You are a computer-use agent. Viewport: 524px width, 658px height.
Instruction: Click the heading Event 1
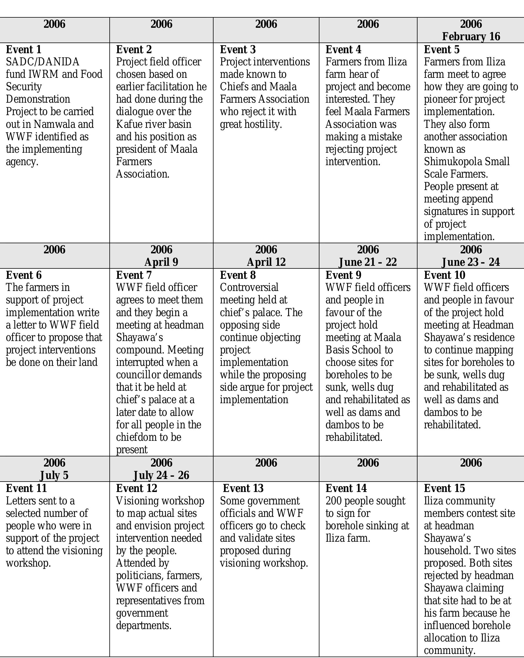click(x=23, y=49)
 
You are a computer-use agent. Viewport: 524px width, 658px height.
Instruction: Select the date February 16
click(x=471, y=36)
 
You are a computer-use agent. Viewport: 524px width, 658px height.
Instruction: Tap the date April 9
click(x=161, y=262)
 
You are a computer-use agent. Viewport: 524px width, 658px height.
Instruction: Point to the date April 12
click(x=266, y=262)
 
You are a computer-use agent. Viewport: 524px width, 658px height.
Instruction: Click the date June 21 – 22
click(x=368, y=262)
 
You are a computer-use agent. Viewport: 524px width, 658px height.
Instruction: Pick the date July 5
click(x=54, y=475)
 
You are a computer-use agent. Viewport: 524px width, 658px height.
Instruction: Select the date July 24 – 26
click(x=161, y=475)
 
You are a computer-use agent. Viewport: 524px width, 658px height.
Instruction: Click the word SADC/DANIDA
click(x=43, y=62)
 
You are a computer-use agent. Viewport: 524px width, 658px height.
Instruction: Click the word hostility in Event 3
click(x=265, y=124)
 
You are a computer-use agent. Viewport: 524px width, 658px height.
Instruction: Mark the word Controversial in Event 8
click(x=249, y=287)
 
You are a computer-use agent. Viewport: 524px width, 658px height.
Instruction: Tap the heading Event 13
click(x=243, y=488)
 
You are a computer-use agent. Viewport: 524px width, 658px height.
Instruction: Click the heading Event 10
click(x=444, y=275)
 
